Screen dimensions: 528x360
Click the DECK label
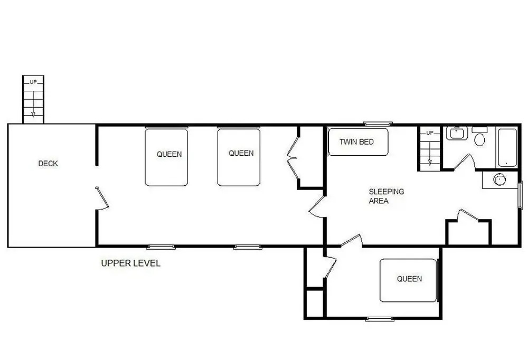[x=48, y=163]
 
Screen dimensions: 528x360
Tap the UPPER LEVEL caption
[x=130, y=263]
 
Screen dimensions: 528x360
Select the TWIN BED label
[x=356, y=142]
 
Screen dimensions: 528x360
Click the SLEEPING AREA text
[x=386, y=196]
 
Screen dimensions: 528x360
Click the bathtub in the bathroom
[x=507, y=147]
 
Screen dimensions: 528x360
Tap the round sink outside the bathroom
[x=499, y=179]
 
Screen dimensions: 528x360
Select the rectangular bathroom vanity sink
[x=457, y=133]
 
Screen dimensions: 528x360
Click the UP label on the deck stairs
[x=33, y=82]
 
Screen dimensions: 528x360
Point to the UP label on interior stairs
[x=430, y=132]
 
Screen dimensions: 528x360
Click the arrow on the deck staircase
[x=33, y=103]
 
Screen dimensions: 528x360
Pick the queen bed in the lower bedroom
[x=409, y=280]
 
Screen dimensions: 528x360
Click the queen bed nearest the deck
[x=166, y=157]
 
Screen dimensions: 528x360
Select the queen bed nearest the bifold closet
[x=239, y=157]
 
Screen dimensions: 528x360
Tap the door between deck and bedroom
[x=102, y=198]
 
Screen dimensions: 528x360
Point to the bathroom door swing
[x=465, y=162]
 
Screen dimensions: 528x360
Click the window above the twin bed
[x=378, y=124]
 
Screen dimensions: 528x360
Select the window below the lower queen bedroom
[x=380, y=319]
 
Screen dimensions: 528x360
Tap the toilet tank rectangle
[x=479, y=130]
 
